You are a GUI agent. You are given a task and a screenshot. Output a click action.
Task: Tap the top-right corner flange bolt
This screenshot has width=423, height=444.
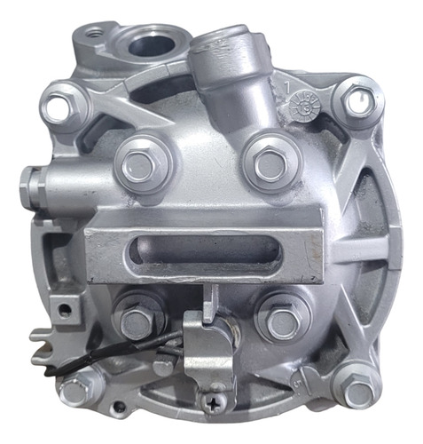point(356,102)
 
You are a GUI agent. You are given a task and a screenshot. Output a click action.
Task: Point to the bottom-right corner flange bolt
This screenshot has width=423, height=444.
point(358,392)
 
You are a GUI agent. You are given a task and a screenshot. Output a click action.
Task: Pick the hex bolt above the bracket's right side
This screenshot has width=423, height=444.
point(266,163)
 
